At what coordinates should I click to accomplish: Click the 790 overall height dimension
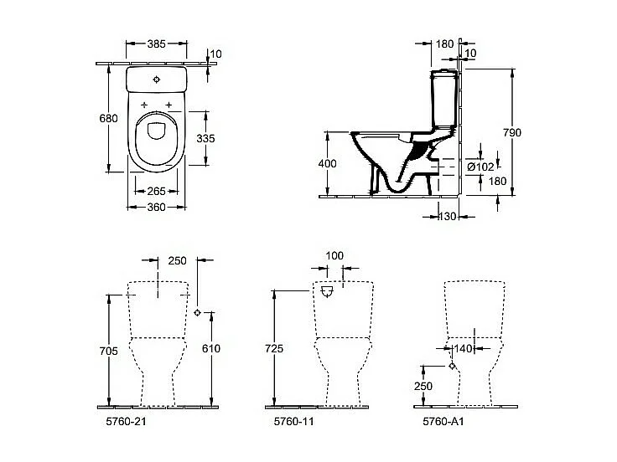(525, 131)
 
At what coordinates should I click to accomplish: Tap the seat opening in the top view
(157, 131)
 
